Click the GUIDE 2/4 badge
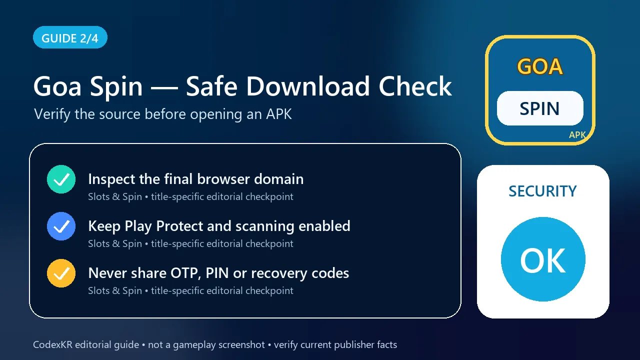(x=70, y=37)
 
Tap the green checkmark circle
(x=61, y=179)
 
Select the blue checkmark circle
(x=61, y=226)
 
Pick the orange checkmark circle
(x=61, y=273)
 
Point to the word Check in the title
(x=415, y=86)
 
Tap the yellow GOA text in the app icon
(x=540, y=66)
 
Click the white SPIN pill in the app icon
(x=540, y=108)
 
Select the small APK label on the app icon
(x=577, y=135)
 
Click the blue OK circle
(x=543, y=259)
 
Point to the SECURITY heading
(x=542, y=191)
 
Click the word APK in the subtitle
(x=279, y=114)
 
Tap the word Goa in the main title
(x=57, y=86)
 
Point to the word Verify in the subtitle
(x=52, y=114)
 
